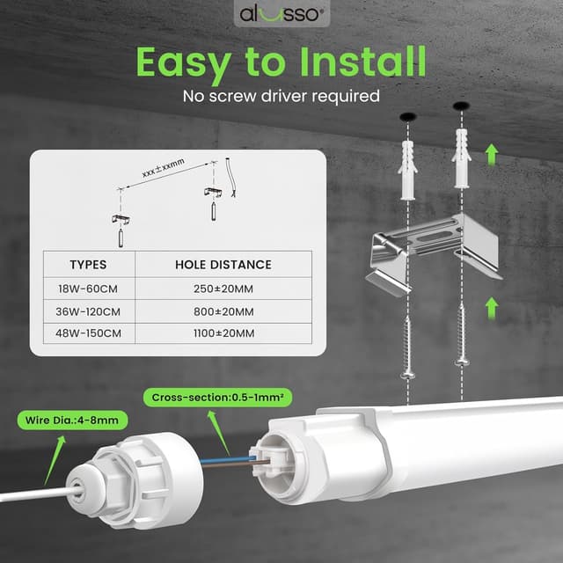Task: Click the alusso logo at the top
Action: [281, 14]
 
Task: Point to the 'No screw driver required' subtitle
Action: [281, 96]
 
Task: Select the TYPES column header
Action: [88, 264]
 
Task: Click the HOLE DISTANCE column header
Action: [223, 264]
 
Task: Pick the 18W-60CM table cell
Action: [88, 288]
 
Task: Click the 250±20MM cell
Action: [223, 288]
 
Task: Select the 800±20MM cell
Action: [223, 311]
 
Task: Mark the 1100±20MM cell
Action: [223, 333]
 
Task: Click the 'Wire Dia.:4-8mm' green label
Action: [70, 420]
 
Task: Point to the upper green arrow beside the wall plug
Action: [492, 156]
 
